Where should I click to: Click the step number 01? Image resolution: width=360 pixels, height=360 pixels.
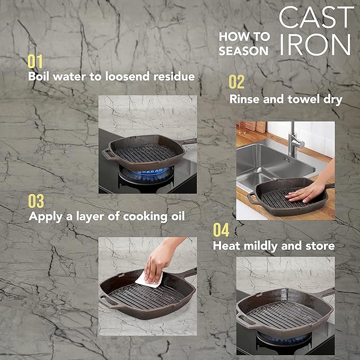tap(35, 62)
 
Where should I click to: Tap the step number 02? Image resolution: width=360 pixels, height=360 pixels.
tap(236, 82)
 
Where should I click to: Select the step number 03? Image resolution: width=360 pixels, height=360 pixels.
tap(36, 201)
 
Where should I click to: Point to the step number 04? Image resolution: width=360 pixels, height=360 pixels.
tap(221, 230)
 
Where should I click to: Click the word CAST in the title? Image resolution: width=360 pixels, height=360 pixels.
tap(316, 17)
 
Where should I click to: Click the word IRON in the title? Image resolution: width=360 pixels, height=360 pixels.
tap(315, 45)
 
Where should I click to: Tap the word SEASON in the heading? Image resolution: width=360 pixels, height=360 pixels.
tap(243, 51)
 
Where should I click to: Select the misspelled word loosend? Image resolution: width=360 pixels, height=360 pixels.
tap(127, 76)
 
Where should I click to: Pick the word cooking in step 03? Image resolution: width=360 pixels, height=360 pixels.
tap(145, 217)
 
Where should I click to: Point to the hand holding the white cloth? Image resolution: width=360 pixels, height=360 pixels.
tap(161, 259)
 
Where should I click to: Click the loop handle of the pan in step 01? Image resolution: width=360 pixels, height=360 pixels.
tap(108, 154)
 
